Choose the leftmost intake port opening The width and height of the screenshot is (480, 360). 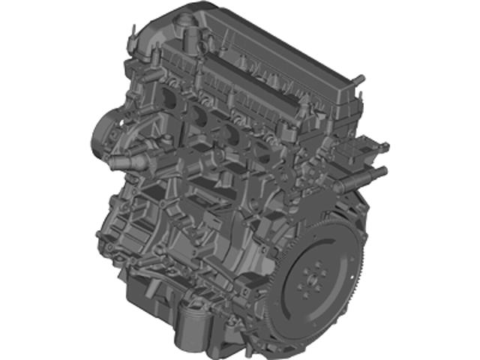[166, 97]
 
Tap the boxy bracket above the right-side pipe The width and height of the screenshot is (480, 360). [352, 150]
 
